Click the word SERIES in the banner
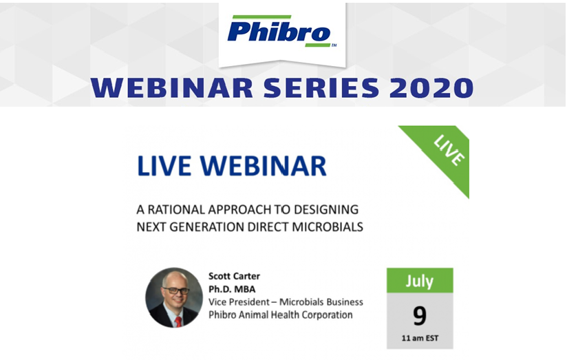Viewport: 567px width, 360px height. tap(321, 88)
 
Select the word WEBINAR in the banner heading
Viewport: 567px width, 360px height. tap(172, 88)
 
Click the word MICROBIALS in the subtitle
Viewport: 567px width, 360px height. tap(328, 227)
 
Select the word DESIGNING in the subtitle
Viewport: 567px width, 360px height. tap(326, 209)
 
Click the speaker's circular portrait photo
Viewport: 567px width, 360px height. tap(174, 297)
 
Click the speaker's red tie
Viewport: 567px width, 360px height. tap(178, 321)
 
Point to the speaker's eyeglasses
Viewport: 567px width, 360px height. tap(176, 290)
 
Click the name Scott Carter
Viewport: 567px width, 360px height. tap(234, 277)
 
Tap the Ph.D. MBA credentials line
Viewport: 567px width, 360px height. tap(232, 290)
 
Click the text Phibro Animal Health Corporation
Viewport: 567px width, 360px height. tap(280, 315)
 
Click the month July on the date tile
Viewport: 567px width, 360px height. tap(420, 281)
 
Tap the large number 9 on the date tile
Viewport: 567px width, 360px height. tap(420, 315)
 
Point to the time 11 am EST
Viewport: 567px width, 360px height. tap(420, 338)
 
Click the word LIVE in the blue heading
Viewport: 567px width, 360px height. tap(164, 166)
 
